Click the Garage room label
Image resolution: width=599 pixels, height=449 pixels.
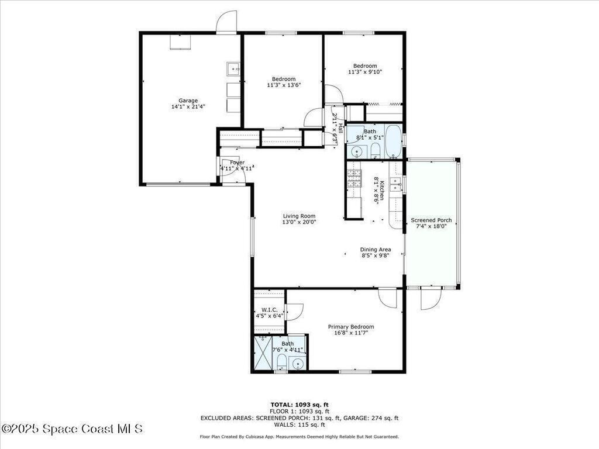pos(188,101)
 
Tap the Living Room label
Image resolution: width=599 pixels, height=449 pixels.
pos(299,216)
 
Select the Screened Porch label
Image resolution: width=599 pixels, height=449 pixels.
pos(431,220)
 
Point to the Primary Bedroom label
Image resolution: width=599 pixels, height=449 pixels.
pos(351,327)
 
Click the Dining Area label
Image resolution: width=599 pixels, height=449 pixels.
pos(376,250)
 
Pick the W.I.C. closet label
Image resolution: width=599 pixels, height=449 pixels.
pos(269,310)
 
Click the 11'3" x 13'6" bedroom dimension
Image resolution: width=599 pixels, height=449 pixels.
pos(284,85)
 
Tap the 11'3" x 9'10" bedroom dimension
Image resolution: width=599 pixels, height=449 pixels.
pos(365,72)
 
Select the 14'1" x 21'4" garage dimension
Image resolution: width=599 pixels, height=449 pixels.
pos(188,107)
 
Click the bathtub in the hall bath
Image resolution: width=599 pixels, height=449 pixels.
pos(393,141)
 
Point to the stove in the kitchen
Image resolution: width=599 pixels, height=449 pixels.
pos(354,178)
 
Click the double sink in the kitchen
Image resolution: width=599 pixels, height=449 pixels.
pos(395,184)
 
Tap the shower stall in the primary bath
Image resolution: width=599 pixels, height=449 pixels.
pos(263,352)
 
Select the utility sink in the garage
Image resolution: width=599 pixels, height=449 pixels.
pos(233,69)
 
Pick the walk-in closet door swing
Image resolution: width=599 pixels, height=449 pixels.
pos(295,312)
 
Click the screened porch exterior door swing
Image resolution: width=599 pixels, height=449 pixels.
pos(431,299)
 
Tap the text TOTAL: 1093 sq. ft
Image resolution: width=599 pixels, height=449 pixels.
pos(299,405)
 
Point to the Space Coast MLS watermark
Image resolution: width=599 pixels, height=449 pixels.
pos(72,429)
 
